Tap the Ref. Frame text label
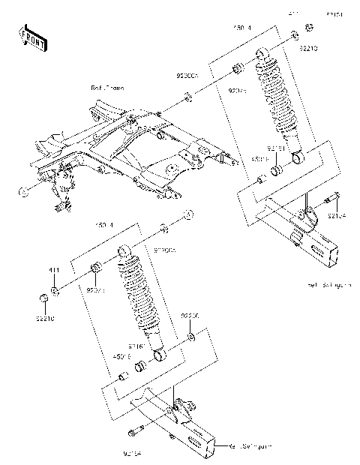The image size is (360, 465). tap(107, 88)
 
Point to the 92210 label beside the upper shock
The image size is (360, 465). tap(309, 49)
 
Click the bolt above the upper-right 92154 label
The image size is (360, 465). tap(331, 199)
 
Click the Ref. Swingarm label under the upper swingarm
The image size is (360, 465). tap(329, 286)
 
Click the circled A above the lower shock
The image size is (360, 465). tap(187, 214)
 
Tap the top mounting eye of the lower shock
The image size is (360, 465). tap(126, 248)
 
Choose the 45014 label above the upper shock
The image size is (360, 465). tap(241, 28)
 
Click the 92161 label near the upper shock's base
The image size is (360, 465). tap(277, 148)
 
